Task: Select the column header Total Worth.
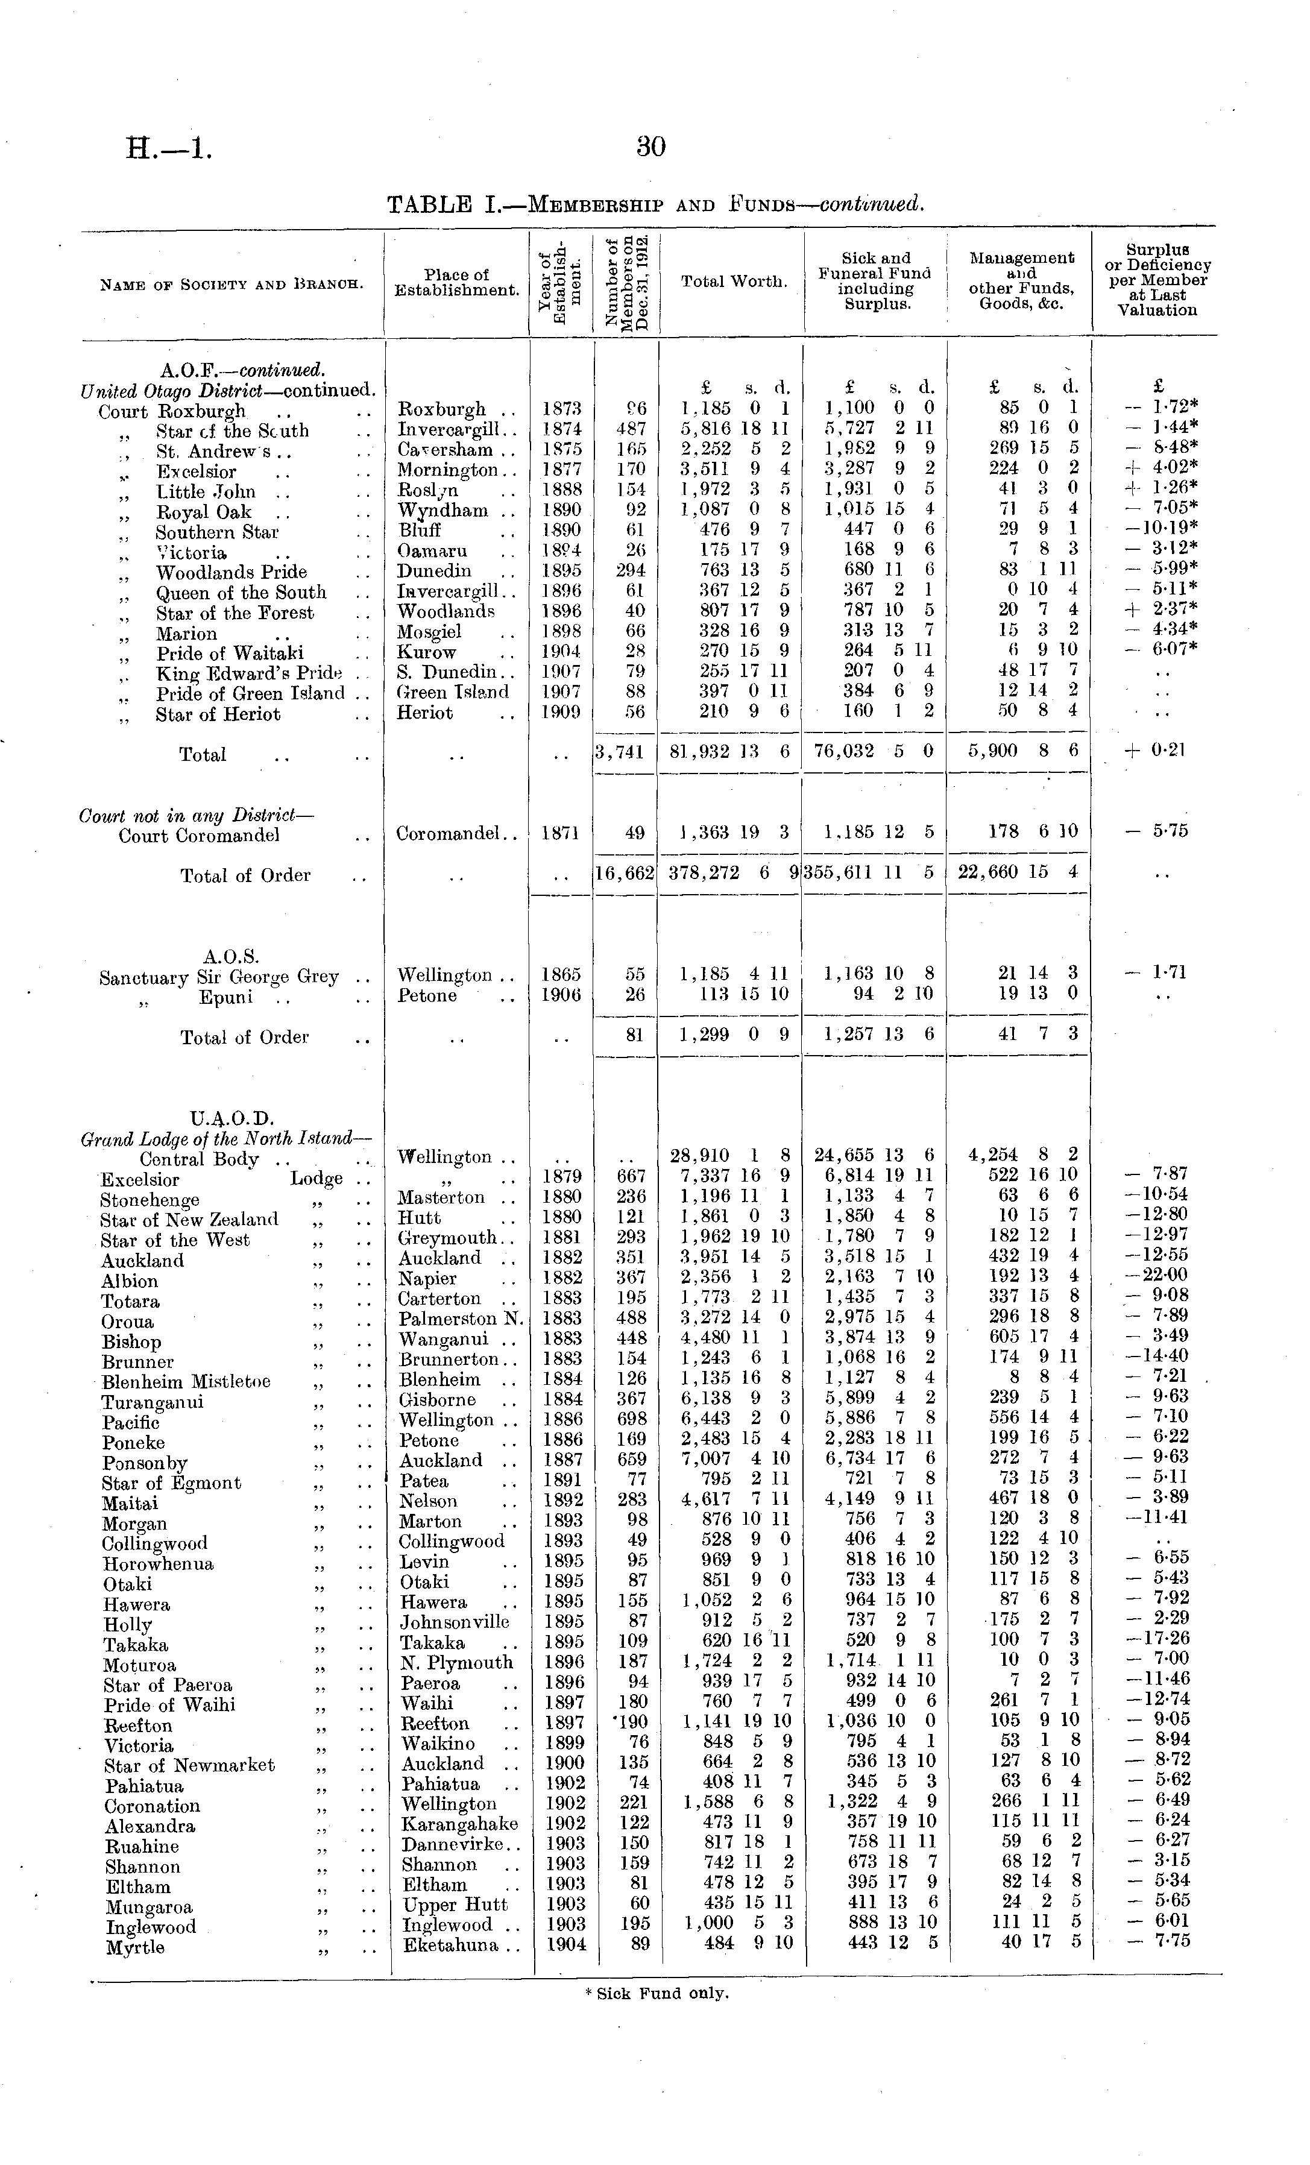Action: [x=734, y=281]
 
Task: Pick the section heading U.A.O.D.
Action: [x=232, y=1118]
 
